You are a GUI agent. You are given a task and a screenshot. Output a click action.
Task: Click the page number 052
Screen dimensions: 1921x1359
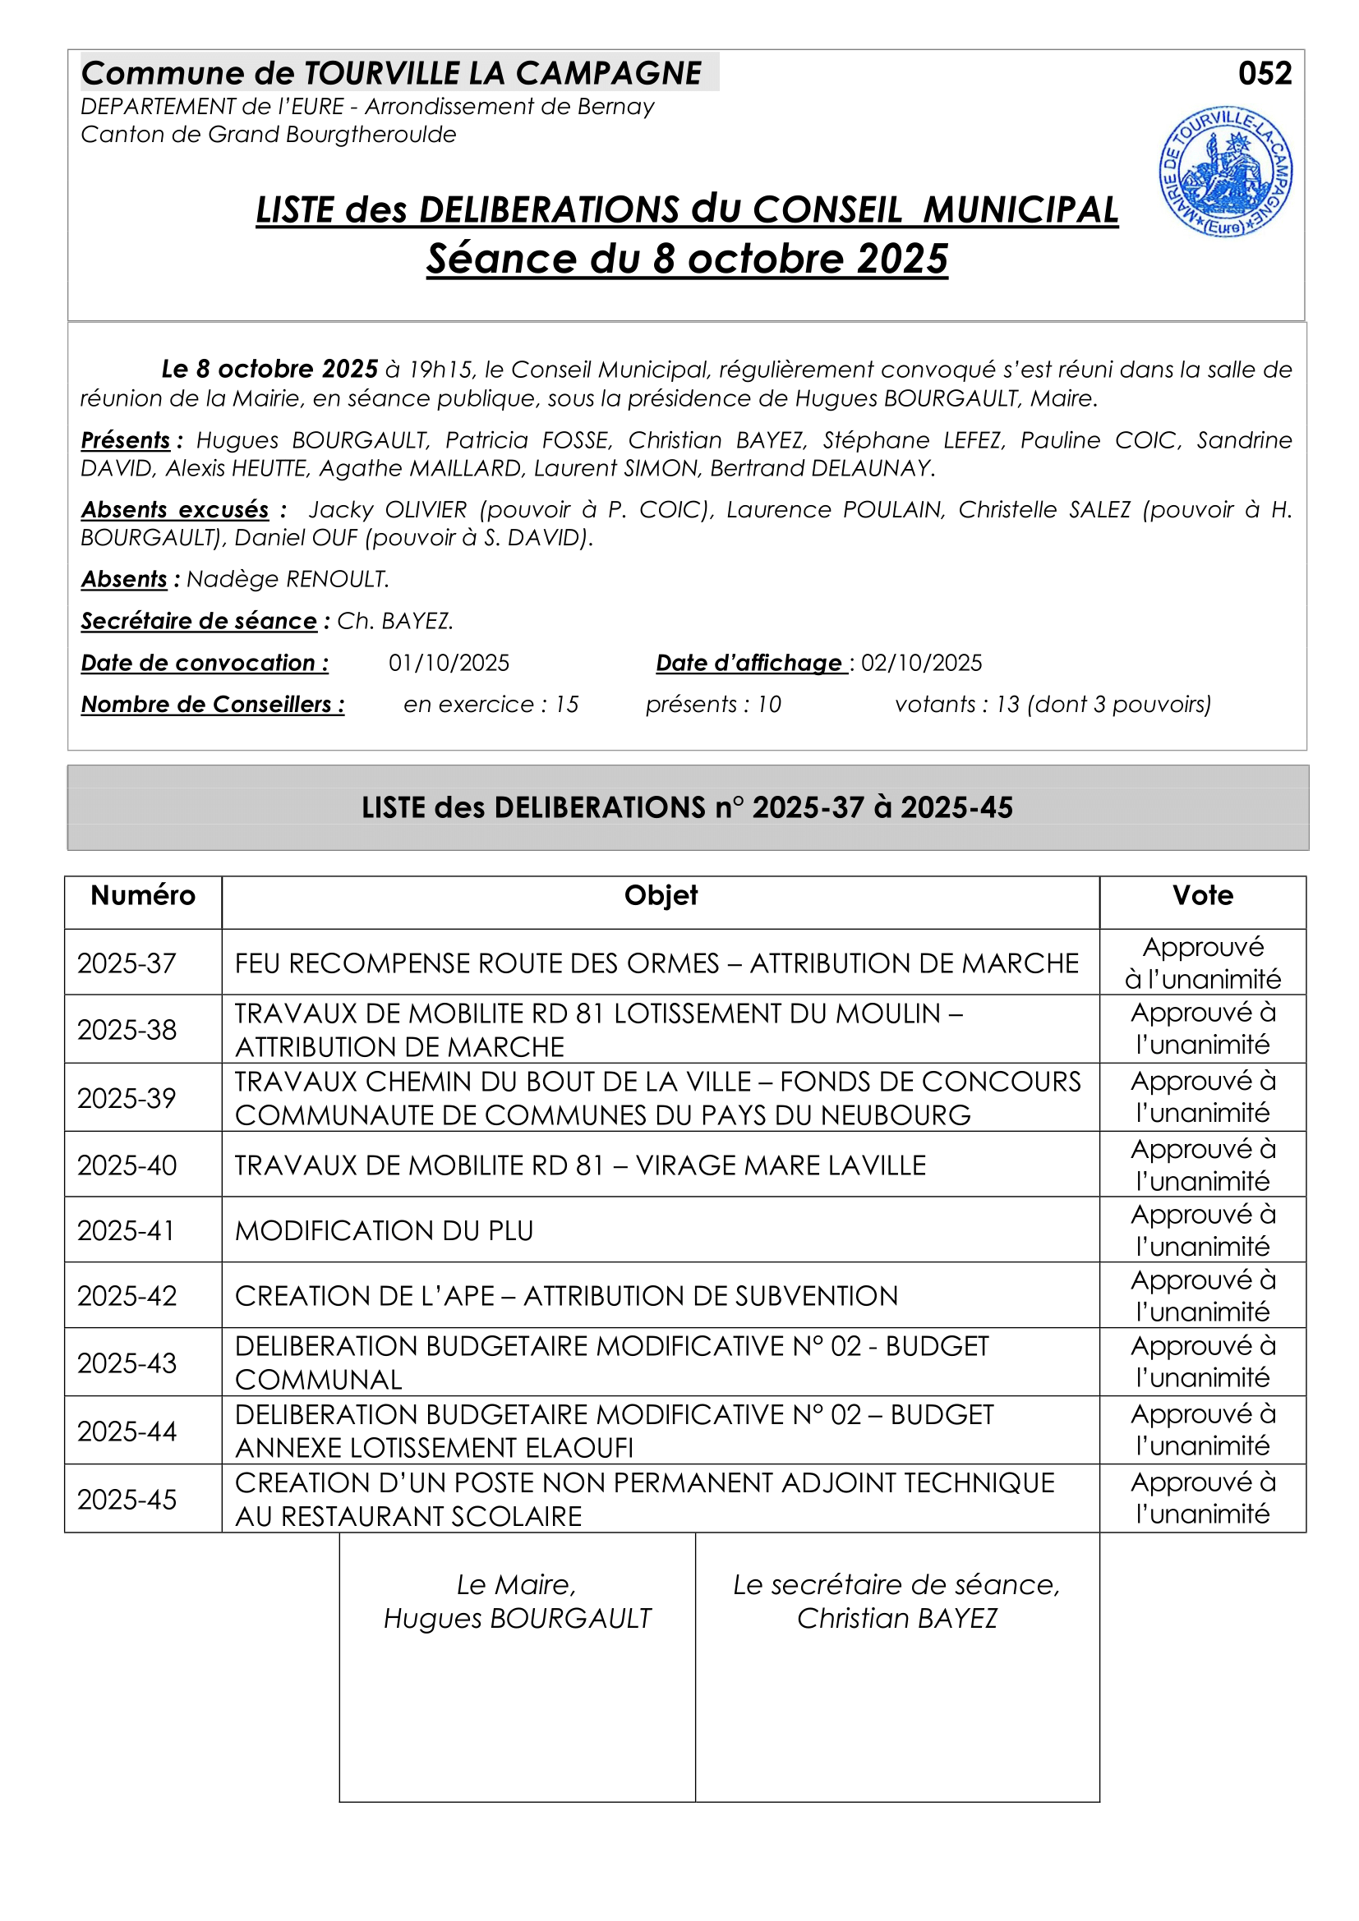[x=1265, y=74]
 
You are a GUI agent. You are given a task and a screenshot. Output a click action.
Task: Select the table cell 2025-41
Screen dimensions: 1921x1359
[x=127, y=1230]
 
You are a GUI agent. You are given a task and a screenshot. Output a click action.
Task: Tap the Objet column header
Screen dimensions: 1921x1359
[x=661, y=895]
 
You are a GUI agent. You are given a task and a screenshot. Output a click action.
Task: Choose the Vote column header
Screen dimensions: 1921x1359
[x=1203, y=895]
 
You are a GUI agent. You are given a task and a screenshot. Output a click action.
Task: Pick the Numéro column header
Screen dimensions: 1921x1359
[x=143, y=895]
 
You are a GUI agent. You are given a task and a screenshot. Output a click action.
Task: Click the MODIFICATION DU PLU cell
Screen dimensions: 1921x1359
[x=384, y=1230]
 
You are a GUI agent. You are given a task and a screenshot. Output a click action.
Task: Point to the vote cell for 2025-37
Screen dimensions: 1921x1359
[x=1203, y=963]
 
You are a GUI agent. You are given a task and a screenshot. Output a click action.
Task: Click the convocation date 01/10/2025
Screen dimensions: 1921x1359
[x=449, y=663]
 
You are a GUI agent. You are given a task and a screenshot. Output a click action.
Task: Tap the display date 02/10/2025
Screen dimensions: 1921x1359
[x=921, y=663]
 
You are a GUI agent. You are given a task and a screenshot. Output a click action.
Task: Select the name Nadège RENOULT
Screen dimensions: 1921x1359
[x=288, y=579]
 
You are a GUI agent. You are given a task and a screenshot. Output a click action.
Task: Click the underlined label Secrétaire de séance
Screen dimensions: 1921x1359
[x=199, y=621]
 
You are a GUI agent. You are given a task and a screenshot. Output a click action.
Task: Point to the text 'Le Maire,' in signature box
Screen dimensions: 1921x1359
[x=516, y=1584]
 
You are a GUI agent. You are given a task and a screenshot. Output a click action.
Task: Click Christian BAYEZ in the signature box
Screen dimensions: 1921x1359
[x=896, y=1618]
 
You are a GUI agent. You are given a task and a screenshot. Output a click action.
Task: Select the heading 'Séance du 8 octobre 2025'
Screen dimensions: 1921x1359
[x=687, y=259]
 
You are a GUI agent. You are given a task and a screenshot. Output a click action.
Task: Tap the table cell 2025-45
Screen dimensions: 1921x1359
[x=127, y=1500]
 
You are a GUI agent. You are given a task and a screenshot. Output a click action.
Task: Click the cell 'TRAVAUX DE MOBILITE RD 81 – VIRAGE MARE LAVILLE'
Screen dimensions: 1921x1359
[x=580, y=1165]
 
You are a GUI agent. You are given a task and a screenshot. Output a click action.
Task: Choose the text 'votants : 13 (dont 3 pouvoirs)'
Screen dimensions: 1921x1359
[x=1053, y=705]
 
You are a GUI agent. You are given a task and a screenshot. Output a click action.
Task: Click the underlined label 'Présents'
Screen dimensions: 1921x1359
[x=126, y=440]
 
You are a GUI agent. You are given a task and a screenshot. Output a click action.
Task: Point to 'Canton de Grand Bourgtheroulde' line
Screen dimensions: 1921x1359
[x=269, y=135]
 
